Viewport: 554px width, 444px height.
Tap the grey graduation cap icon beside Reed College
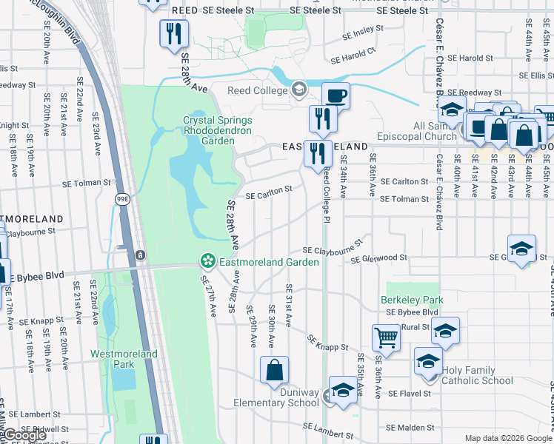(299, 90)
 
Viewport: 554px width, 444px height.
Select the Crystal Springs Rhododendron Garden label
(218, 125)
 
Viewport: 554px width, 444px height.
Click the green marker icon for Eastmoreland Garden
(208, 261)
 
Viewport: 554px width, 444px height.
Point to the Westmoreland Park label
(124, 359)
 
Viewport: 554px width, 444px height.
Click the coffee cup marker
(336, 95)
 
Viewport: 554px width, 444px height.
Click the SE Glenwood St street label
(379, 259)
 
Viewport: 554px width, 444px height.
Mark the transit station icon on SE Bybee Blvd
(140, 255)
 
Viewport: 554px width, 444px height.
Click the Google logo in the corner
(24, 435)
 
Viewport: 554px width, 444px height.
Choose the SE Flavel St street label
(410, 394)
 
